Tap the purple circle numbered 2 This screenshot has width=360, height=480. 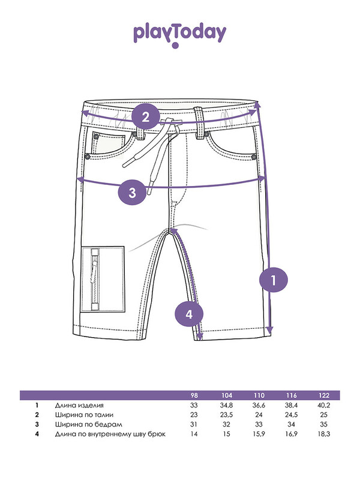click(146, 116)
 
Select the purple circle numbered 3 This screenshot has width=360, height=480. click(132, 193)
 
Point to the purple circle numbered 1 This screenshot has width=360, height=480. click(274, 280)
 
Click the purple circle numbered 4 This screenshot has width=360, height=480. click(189, 314)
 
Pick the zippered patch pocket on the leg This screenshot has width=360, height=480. click(103, 279)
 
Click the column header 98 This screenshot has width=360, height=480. click(194, 395)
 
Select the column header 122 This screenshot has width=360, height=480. click(323, 395)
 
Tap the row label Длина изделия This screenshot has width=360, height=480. click(79, 406)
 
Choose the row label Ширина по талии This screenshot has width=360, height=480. click(84, 415)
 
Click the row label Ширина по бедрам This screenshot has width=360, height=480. click(88, 425)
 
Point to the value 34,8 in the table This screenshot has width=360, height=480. click(226, 406)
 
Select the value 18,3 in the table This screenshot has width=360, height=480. click(323, 434)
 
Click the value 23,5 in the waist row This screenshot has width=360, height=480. click(226, 415)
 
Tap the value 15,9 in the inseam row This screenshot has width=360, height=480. click(259, 434)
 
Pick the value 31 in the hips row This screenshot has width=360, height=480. click(194, 424)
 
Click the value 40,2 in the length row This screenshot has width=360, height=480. click(323, 406)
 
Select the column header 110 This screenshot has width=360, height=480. click(259, 395)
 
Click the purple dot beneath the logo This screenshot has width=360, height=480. click(175, 46)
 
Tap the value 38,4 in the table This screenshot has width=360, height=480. click(291, 406)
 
